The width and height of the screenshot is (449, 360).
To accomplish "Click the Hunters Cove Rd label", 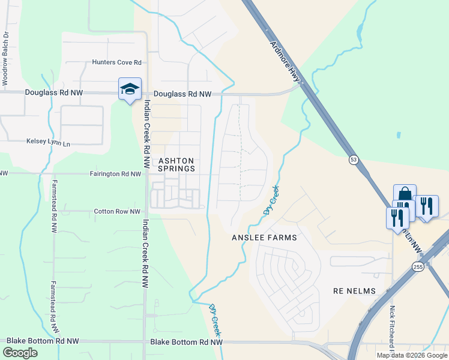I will (116, 62).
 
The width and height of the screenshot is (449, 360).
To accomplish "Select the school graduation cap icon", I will (130, 89).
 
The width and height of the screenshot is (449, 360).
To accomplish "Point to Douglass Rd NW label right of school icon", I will (182, 94).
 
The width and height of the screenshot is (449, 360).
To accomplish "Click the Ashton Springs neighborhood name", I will (176, 164).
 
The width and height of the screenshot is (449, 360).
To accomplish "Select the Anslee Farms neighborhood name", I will (264, 238).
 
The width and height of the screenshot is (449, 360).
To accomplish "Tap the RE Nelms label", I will (354, 291).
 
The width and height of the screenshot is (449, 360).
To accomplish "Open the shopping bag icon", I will (405, 195).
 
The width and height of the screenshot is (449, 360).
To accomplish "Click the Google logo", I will (20, 353).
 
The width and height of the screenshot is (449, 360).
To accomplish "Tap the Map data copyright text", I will (411, 355).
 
